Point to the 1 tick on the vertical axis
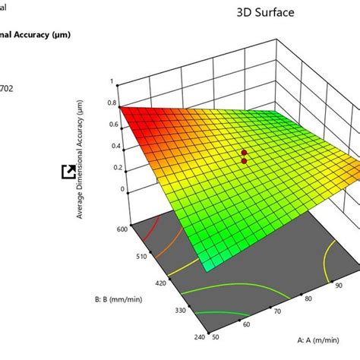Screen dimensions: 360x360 point(112,81)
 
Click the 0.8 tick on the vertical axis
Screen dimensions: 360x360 point(112,103)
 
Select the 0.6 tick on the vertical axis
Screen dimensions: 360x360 point(112,125)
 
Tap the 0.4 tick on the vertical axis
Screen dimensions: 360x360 point(112,146)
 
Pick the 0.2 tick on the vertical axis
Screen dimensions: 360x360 point(112,167)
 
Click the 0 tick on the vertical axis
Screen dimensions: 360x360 point(113,189)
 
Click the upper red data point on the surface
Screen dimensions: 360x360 point(245,152)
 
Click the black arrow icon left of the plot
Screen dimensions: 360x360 point(67,172)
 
